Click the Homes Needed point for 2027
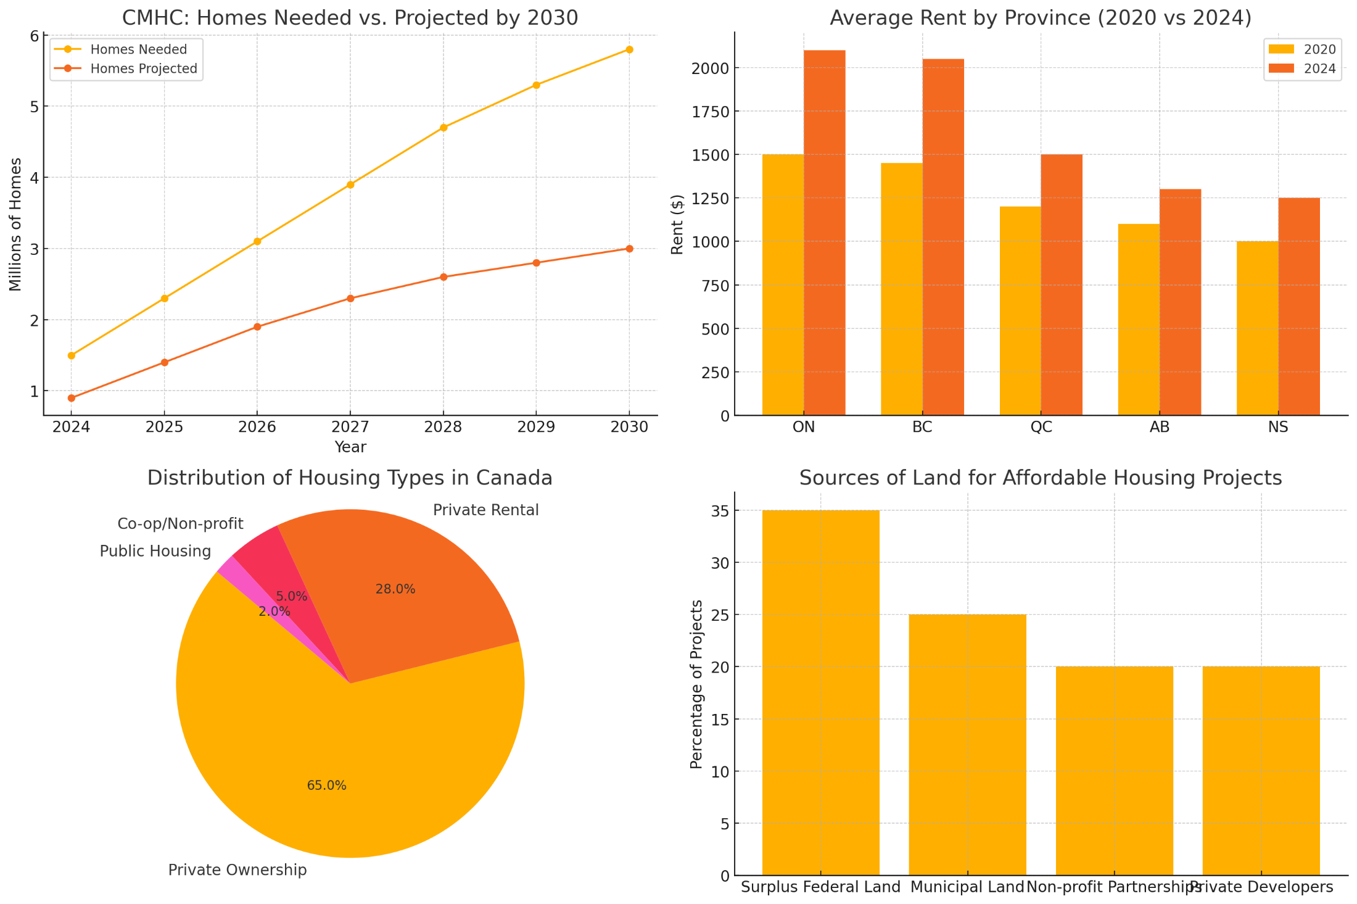coord(350,185)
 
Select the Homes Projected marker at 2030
coord(629,249)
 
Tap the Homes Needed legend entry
coord(138,49)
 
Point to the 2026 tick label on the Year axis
coord(257,427)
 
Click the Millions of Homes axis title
coord(15,225)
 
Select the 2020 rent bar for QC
coord(1020,311)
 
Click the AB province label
coord(1160,427)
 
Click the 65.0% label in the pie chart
coord(327,786)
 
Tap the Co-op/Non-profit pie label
coord(180,524)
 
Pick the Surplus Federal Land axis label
coord(820,887)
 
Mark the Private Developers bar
coord(1261,771)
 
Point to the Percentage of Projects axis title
coord(696,684)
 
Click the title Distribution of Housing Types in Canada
coord(350,478)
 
